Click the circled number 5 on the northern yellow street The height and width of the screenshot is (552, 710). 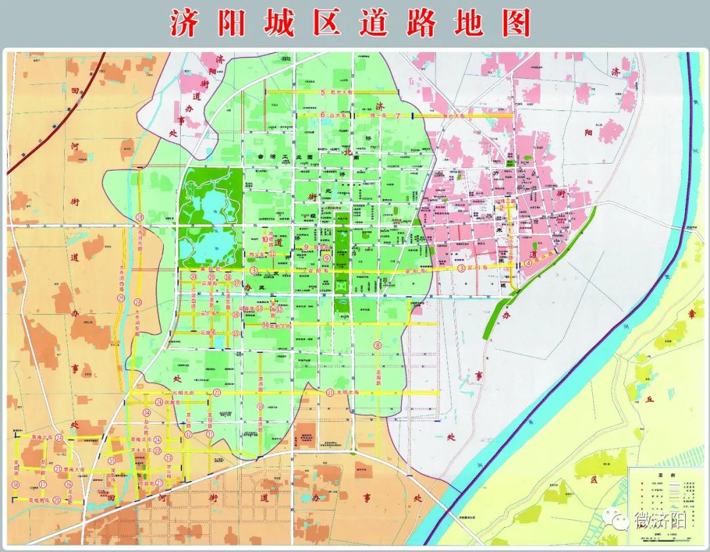(x=323, y=93)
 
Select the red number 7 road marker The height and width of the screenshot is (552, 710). (x=398, y=116)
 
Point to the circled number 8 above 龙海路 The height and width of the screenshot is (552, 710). (x=377, y=345)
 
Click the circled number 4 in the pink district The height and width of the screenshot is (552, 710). (x=528, y=264)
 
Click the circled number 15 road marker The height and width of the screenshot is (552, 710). (x=235, y=333)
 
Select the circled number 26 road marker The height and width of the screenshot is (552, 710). (x=158, y=402)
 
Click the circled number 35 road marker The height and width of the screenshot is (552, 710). (x=112, y=461)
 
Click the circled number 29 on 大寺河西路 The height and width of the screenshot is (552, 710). (x=121, y=298)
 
